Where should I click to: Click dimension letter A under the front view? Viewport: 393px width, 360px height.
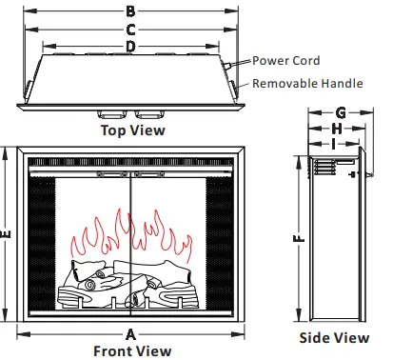(x=130, y=333)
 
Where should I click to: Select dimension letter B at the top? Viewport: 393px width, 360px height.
(x=130, y=12)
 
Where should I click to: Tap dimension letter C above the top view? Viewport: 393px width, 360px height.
(x=130, y=30)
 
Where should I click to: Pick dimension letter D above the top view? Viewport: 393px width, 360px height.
(x=130, y=46)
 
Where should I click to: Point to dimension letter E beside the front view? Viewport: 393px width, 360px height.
(x=7, y=234)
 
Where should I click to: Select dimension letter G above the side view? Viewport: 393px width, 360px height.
(x=340, y=111)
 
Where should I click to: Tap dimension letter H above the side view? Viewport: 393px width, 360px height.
(x=336, y=128)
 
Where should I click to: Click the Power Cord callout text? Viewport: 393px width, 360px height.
(x=285, y=60)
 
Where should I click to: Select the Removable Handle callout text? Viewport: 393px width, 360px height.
(x=306, y=83)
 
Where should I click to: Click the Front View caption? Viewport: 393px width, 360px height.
(x=132, y=350)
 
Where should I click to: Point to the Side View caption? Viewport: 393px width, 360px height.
(x=334, y=337)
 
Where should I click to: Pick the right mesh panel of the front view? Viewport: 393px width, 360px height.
(x=220, y=243)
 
